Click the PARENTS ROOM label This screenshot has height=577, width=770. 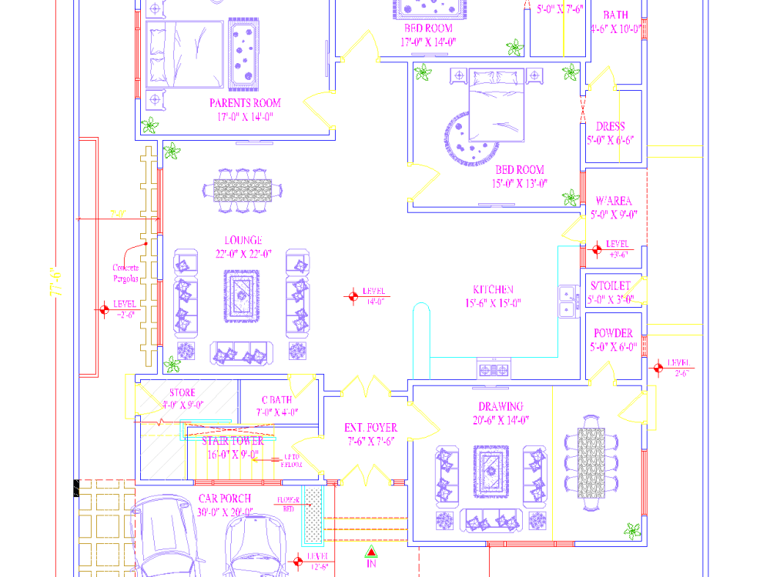245,103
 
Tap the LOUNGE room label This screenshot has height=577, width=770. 243,241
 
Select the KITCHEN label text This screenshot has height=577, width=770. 493,290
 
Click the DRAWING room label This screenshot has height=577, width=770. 500,406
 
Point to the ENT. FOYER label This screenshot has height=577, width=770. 370,428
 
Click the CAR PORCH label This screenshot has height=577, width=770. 225,499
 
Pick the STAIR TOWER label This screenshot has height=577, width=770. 233,442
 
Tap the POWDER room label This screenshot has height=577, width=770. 613,333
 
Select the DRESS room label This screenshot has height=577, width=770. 611,126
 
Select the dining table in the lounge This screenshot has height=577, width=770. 243,189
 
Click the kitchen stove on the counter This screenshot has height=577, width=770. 494,370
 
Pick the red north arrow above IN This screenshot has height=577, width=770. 370,552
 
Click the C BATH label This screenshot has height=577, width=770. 276,400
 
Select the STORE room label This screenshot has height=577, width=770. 182,393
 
